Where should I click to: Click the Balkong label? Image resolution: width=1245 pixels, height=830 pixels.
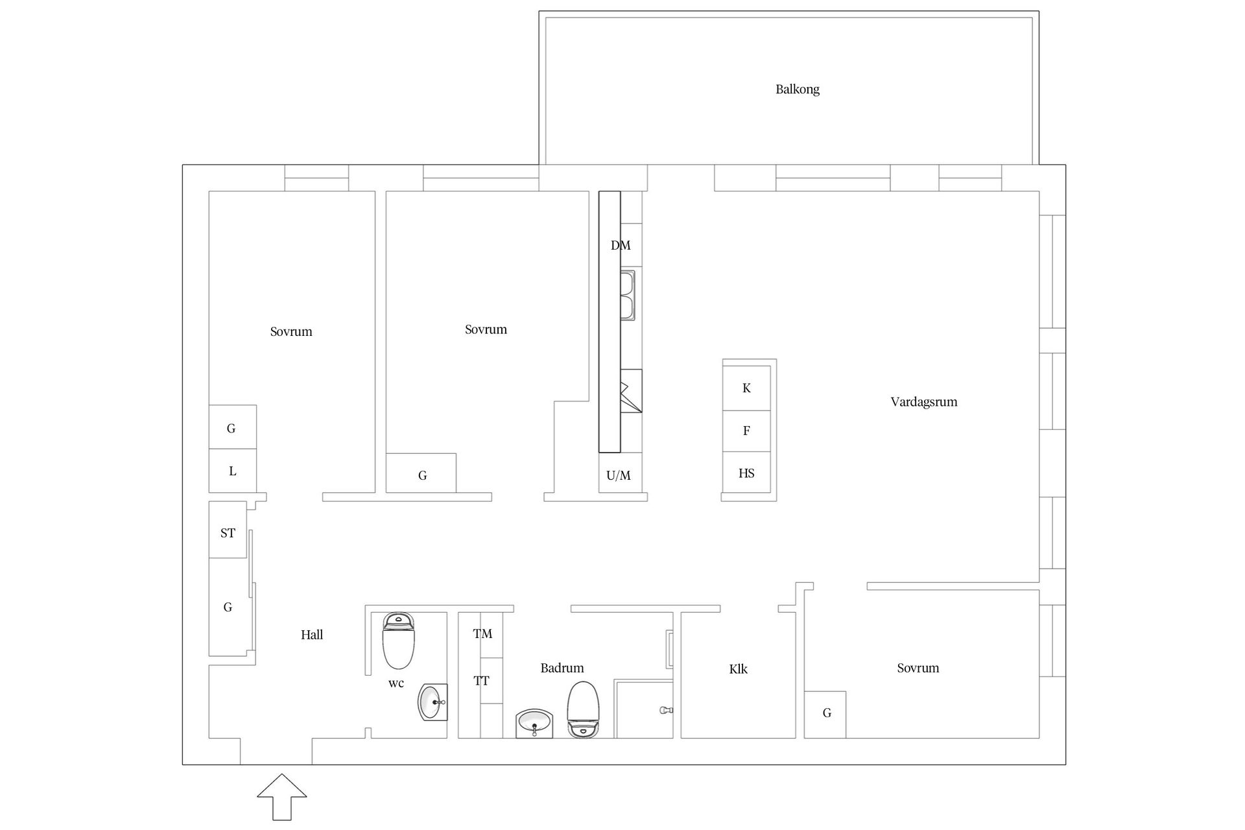point(798,89)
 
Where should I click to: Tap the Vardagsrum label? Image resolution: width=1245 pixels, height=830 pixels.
point(924,402)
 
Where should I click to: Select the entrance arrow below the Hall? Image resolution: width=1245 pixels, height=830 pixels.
point(282,797)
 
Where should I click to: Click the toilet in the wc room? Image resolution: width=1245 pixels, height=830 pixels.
point(398,641)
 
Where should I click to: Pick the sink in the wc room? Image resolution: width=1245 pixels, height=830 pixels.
point(433,702)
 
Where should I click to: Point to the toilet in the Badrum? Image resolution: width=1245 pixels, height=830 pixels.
point(582,709)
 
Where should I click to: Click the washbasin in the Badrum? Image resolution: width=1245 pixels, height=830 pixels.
point(534,724)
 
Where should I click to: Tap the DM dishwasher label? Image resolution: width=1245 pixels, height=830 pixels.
point(621,246)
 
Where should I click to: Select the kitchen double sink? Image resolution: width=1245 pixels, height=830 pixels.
point(627,295)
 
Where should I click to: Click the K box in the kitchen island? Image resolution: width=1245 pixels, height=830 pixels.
point(747,388)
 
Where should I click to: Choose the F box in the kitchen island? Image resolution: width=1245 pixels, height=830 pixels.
point(747,431)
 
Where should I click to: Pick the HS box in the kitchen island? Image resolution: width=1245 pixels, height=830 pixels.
point(747,473)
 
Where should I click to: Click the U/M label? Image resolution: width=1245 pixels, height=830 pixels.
point(619,476)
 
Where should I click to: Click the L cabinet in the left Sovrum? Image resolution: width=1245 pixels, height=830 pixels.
point(233,471)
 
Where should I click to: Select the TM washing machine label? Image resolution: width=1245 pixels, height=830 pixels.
point(482,634)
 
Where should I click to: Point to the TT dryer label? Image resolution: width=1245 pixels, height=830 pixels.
point(481,681)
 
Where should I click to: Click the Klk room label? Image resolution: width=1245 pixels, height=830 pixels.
point(739,669)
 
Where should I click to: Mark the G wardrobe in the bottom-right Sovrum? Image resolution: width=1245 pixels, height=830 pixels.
point(825,715)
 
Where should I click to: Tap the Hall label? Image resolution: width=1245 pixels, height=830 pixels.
point(312,635)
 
